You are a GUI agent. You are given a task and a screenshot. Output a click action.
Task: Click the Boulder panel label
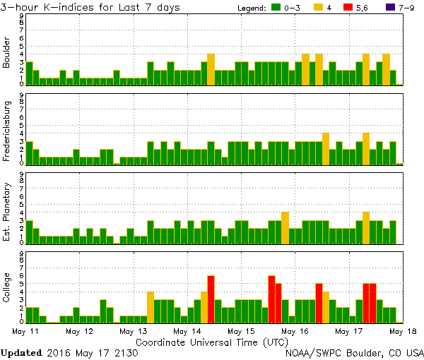(x=7, y=53)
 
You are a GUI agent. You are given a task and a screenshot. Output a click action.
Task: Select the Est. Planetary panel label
(x=7, y=211)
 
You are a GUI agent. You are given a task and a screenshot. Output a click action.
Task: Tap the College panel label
(x=7, y=289)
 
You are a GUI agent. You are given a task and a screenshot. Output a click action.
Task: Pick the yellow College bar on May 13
(x=151, y=307)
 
